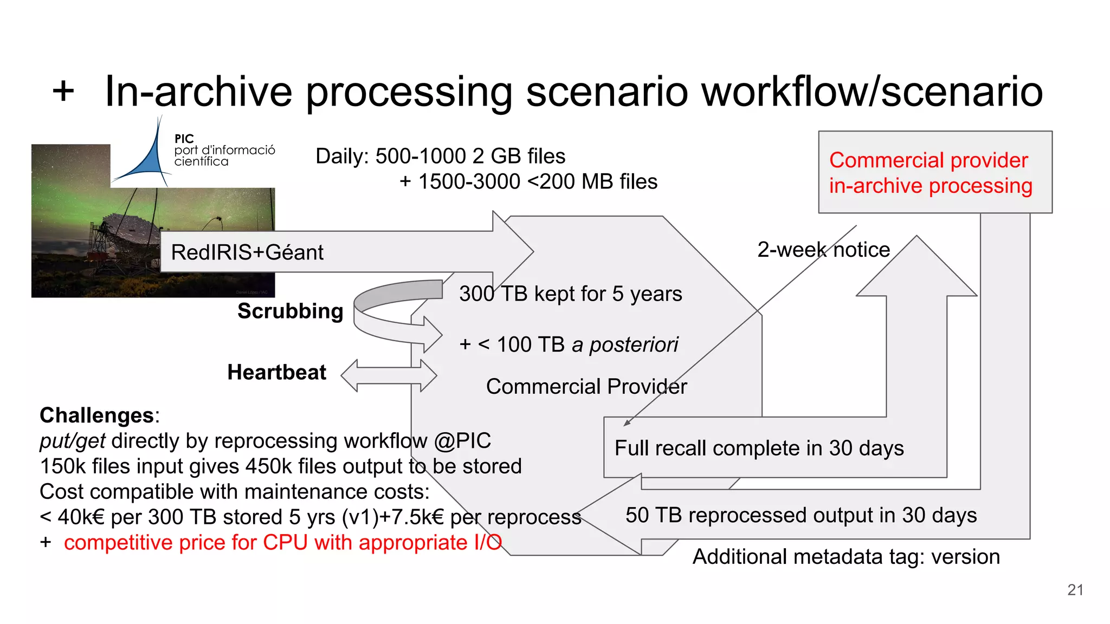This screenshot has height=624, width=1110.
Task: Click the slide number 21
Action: [x=1075, y=590]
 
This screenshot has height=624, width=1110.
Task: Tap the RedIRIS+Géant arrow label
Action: [x=247, y=252]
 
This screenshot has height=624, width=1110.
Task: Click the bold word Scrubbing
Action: [x=290, y=311]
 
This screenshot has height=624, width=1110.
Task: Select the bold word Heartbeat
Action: [x=276, y=373]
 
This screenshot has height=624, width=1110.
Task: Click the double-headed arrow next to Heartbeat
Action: [x=389, y=375]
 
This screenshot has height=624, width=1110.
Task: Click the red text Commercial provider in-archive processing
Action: [x=930, y=173]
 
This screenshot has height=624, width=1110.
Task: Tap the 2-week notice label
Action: [x=823, y=250]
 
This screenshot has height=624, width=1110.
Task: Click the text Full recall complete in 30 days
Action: [x=759, y=448]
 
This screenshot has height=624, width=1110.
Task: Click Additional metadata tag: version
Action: [x=846, y=557]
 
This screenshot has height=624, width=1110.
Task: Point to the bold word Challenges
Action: [x=96, y=415]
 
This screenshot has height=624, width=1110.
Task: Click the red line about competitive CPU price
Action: [x=282, y=543]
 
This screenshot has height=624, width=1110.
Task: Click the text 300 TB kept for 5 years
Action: [x=570, y=294]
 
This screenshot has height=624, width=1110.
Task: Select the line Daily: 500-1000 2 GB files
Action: [x=440, y=157]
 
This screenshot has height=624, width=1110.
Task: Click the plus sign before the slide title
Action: [x=63, y=91]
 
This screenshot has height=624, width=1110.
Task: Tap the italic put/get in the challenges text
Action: [x=72, y=441]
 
